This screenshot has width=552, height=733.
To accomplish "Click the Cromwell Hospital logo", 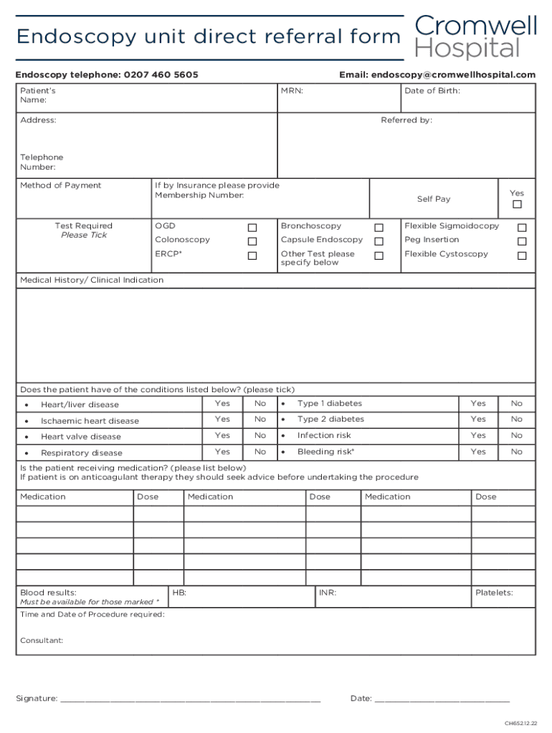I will click(x=475, y=37).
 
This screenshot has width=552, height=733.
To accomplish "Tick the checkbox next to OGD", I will click(x=252, y=228).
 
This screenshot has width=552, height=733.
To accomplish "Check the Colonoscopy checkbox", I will click(x=252, y=242).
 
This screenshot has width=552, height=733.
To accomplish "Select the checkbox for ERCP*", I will click(x=252, y=256).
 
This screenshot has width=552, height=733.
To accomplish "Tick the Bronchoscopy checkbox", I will click(x=379, y=228).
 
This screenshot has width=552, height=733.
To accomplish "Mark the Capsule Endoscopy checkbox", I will click(x=379, y=242).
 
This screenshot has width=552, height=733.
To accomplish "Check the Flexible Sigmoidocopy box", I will click(x=522, y=228).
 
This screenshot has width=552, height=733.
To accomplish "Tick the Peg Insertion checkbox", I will click(x=522, y=242).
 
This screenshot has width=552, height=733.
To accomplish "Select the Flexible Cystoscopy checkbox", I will click(x=522, y=256).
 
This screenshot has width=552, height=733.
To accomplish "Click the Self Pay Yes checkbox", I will click(x=517, y=205).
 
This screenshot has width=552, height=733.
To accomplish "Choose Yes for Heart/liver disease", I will click(x=223, y=404).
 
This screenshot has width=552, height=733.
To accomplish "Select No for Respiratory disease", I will click(x=260, y=452).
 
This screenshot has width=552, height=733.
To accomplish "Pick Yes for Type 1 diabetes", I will click(x=478, y=404).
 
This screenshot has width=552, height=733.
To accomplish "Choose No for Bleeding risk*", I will click(x=517, y=452).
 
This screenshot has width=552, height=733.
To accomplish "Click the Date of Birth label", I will click(x=432, y=91).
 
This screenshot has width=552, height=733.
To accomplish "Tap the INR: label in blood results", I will click(x=328, y=593).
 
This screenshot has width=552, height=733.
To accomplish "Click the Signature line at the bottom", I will click(x=190, y=699).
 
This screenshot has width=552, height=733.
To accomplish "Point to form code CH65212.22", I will click(x=520, y=723).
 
